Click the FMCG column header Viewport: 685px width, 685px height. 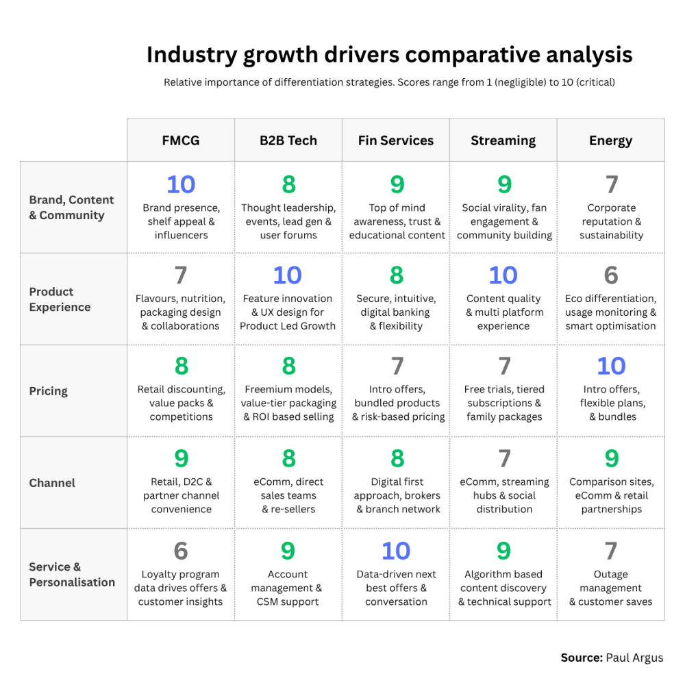point(181,140)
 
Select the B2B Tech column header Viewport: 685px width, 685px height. point(288,140)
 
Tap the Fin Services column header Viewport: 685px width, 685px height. point(396,140)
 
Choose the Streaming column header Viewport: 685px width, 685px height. point(503,140)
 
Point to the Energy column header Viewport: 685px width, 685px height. point(610,140)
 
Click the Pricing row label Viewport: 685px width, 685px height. point(49,391)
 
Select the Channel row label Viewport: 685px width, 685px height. point(52,483)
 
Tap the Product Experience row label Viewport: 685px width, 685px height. point(60,299)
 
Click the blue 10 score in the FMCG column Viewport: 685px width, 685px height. point(181,184)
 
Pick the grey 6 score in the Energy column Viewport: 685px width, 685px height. point(611,275)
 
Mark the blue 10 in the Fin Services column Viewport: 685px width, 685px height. point(396,551)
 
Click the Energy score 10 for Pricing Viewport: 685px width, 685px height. point(611,366)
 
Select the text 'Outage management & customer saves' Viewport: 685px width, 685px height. point(610,588)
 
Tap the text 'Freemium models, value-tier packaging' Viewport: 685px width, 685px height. point(288,397)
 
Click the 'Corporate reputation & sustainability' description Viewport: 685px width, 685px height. point(611,221)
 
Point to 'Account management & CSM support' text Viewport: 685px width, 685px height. point(288,588)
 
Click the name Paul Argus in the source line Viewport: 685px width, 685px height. point(634,658)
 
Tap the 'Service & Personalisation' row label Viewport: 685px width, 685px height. point(72,575)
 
